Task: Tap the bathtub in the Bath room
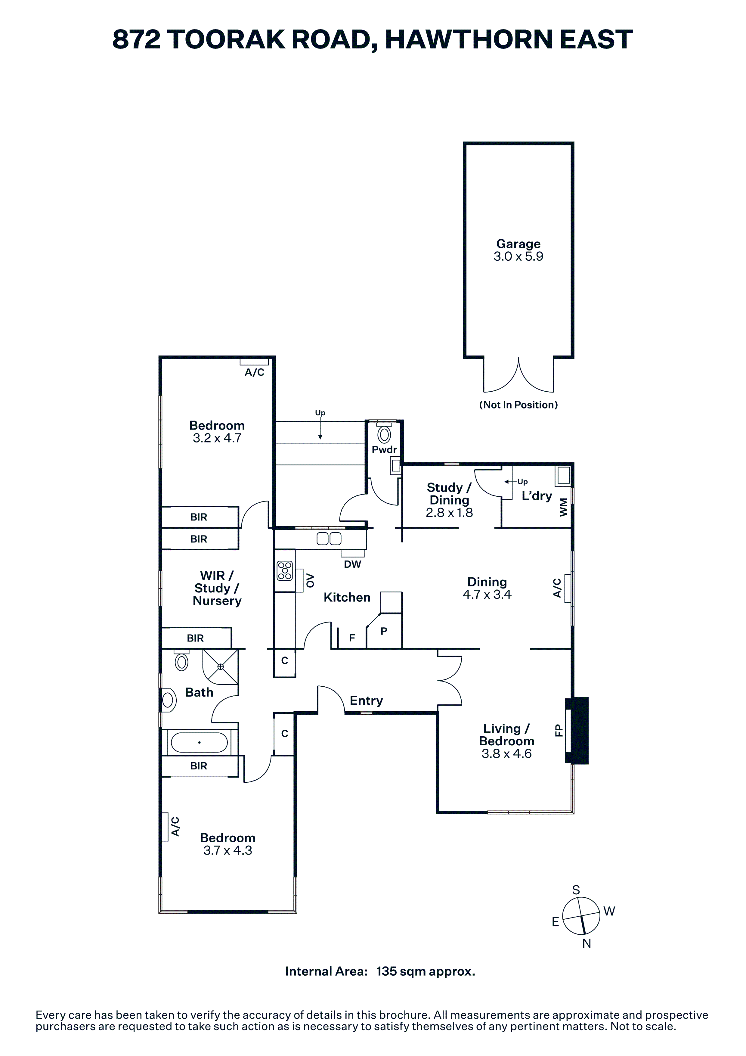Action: pos(199,742)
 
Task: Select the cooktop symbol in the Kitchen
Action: pos(285,571)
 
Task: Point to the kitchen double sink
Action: pos(329,539)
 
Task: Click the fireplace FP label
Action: pos(559,730)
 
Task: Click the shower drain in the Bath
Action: pos(221,666)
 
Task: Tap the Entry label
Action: pos(366,700)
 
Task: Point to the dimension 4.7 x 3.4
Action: pos(487,595)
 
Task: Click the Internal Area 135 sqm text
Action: pos(380,971)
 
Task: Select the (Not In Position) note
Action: pos(518,405)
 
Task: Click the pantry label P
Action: pos(384,632)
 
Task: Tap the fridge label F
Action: pos(352,638)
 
